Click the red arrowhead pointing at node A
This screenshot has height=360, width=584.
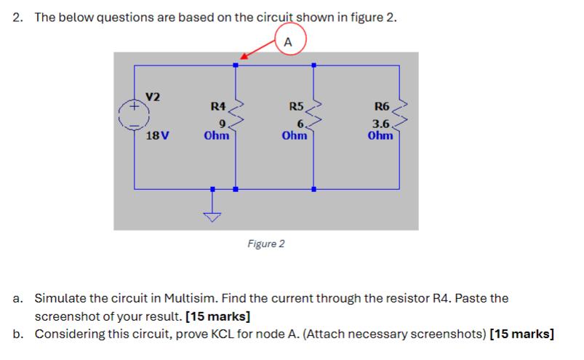click(244, 58)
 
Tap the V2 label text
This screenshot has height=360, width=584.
click(153, 97)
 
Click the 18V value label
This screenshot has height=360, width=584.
click(157, 136)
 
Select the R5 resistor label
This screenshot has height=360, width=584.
click(296, 106)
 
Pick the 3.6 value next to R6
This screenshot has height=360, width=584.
click(381, 124)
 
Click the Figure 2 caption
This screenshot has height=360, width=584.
click(265, 244)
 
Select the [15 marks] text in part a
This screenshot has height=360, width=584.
click(218, 316)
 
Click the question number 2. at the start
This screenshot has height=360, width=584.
click(19, 18)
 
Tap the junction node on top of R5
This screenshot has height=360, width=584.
click(313, 65)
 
